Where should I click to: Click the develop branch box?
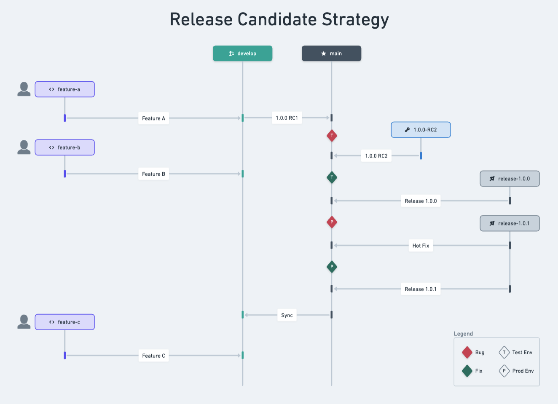[242, 54]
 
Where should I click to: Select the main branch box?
[331, 54]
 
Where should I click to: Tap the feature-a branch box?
[64, 89]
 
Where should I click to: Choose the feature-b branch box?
[64, 147]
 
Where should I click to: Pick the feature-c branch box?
[64, 322]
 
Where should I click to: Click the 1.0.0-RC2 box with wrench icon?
[421, 130]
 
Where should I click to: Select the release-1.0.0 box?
[510, 179]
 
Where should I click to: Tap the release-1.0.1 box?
[510, 223]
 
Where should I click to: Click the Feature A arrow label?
[153, 118]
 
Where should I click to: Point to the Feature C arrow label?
[153, 356]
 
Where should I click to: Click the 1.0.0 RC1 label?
[287, 118]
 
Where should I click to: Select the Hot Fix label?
[421, 246]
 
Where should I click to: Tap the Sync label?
[287, 315]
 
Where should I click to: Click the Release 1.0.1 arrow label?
[421, 289]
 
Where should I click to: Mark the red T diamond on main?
[332, 136]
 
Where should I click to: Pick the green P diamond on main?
[332, 267]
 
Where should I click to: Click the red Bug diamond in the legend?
[467, 352]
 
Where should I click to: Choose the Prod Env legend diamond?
[504, 371]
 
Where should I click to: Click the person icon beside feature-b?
[24, 147]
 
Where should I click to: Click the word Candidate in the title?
[277, 19]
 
